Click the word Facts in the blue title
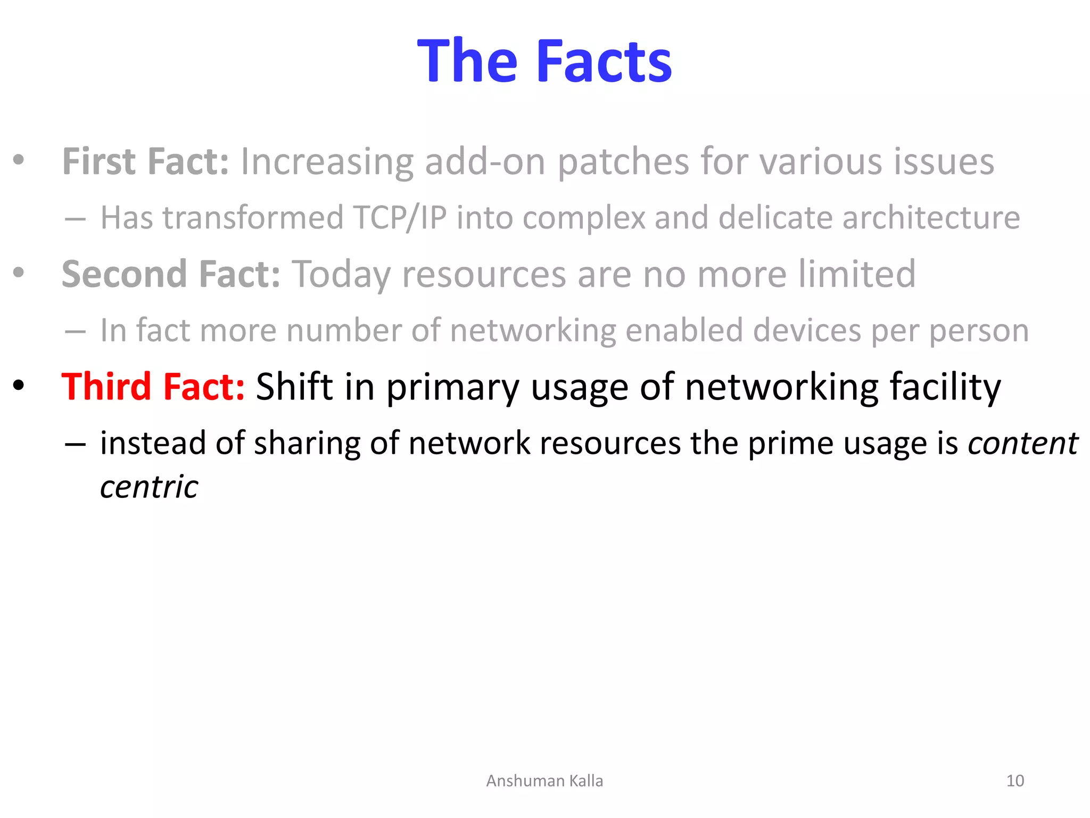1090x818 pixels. (605, 62)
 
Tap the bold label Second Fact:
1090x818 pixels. (171, 274)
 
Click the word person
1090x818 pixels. (979, 331)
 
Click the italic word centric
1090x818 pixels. (149, 487)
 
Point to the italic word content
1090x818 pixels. (1022, 443)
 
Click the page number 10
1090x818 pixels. (1015, 781)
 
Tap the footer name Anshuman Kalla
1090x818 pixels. (544, 781)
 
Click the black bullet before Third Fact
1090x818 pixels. (19, 385)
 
